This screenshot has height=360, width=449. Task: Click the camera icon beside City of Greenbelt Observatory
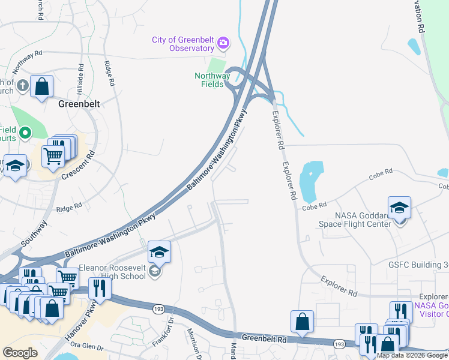click(223, 42)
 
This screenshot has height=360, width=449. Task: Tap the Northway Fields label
click(212, 80)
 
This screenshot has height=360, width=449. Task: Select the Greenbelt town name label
click(79, 103)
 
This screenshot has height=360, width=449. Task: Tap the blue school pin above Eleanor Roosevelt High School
click(159, 253)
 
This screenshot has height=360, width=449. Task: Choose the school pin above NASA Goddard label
click(399, 208)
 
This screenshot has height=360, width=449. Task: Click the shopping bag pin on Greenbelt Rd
click(303, 322)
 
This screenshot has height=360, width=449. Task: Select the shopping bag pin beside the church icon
click(41, 87)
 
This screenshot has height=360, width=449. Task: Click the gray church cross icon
click(22, 85)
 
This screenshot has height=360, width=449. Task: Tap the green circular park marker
click(25, 133)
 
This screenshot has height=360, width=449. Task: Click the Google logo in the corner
click(20, 352)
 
